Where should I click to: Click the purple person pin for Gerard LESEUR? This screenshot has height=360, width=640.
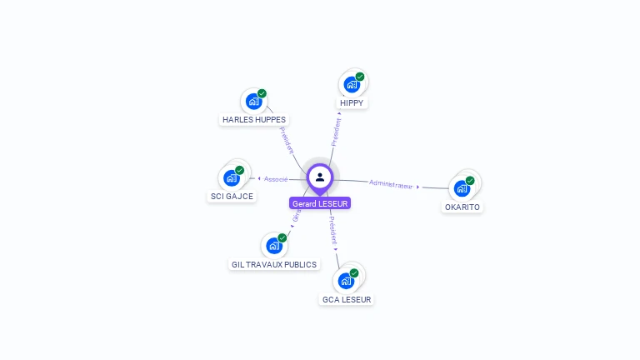[x=320, y=177]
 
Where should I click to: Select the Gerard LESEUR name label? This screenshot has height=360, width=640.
[x=320, y=203]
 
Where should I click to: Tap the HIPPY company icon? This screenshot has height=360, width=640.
[x=352, y=84]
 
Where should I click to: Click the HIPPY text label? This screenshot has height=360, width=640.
[x=352, y=102]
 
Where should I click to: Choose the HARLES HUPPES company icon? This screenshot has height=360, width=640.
[x=253, y=102]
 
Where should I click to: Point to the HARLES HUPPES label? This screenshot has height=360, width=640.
[x=254, y=119]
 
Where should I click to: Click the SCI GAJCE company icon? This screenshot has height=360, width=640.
[x=232, y=178]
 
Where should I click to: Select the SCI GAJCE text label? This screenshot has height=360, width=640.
[x=232, y=197]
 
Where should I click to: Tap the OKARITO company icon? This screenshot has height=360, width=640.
[x=462, y=188]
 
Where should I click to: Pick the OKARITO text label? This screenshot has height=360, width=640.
[x=462, y=207]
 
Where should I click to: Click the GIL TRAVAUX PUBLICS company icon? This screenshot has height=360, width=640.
[x=273, y=246]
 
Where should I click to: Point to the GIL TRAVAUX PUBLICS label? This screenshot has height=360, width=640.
[x=274, y=264]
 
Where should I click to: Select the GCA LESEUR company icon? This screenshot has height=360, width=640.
[x=346, y=281]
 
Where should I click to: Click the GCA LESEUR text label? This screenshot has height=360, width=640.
[x=347, y=299]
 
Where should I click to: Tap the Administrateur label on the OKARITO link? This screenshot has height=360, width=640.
[x=391, y=184]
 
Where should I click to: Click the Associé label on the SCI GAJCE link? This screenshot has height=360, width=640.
[x=276, y=179]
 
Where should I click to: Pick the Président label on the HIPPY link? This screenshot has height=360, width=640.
[x=336, y=132]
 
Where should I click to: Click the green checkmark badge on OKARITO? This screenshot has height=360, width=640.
[x=470, y=180]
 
